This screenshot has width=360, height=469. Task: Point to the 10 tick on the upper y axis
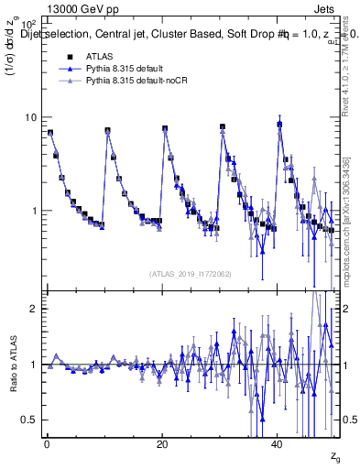point(30,117)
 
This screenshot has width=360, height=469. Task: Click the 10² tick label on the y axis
point(28,23)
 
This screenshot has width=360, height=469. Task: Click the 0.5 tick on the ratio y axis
point(29,420)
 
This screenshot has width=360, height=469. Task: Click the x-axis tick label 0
point(47,444)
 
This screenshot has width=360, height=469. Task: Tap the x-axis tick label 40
point(278,444)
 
